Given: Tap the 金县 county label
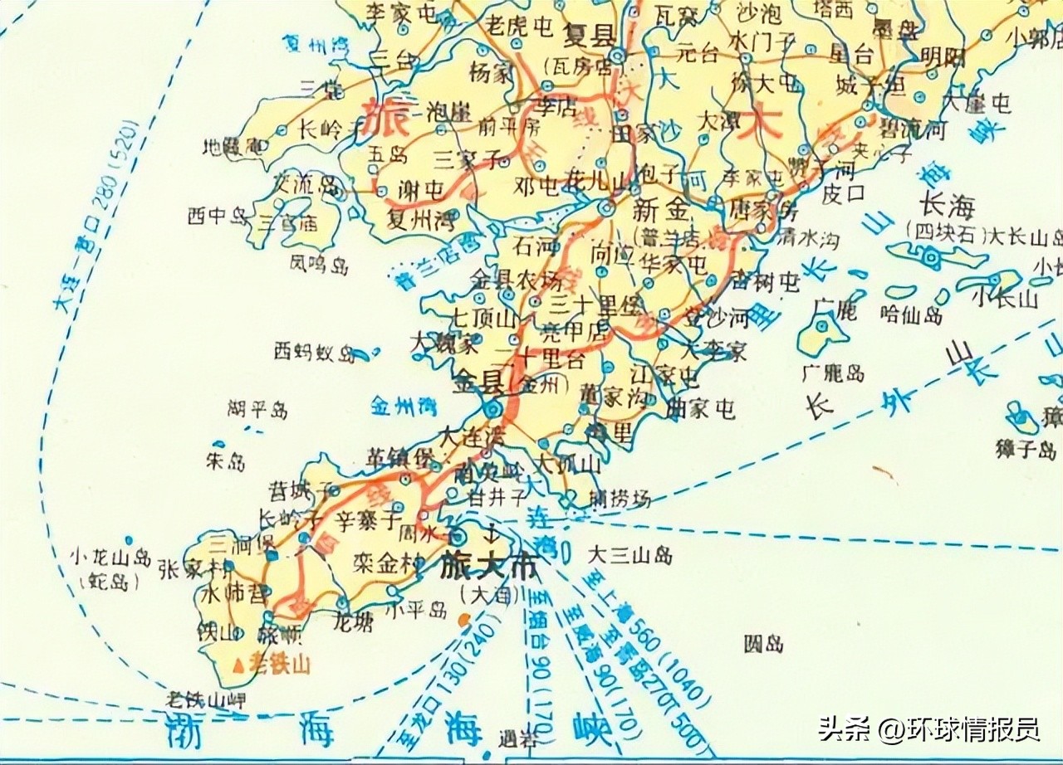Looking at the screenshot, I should pos(479,383).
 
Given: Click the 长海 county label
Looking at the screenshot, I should pos(948,205).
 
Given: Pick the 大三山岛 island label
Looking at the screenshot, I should pos(629,555).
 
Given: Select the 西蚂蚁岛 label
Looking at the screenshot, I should pos(315,353).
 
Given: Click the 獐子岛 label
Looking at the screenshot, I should pos(1026,450).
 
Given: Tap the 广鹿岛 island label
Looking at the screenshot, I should pos(834,373).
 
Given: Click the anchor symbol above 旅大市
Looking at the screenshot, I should pos(489,532).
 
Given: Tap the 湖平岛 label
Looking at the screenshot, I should pos(257,409).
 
